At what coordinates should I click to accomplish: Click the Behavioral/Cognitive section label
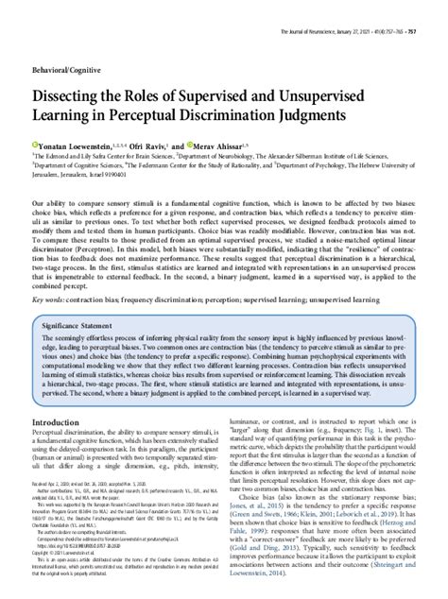[64, 45]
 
